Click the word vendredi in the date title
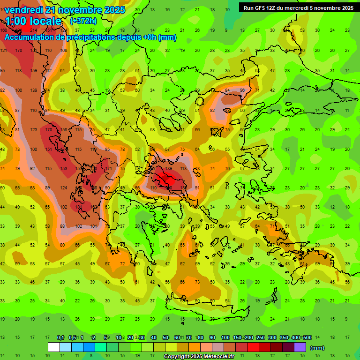click(x=24, y=10)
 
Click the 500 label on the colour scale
click(x=307, y=338)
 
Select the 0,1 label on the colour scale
click(x=60, y=338)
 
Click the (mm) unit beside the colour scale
click(x=317, y=348)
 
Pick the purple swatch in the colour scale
click(x=300, y=347)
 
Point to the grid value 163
click(x=94, y=207)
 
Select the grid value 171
click(x=109, y=168)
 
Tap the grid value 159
click(x=34, y=71)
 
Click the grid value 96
click(x=242, y=90)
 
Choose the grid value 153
click(x=64, y=168)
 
